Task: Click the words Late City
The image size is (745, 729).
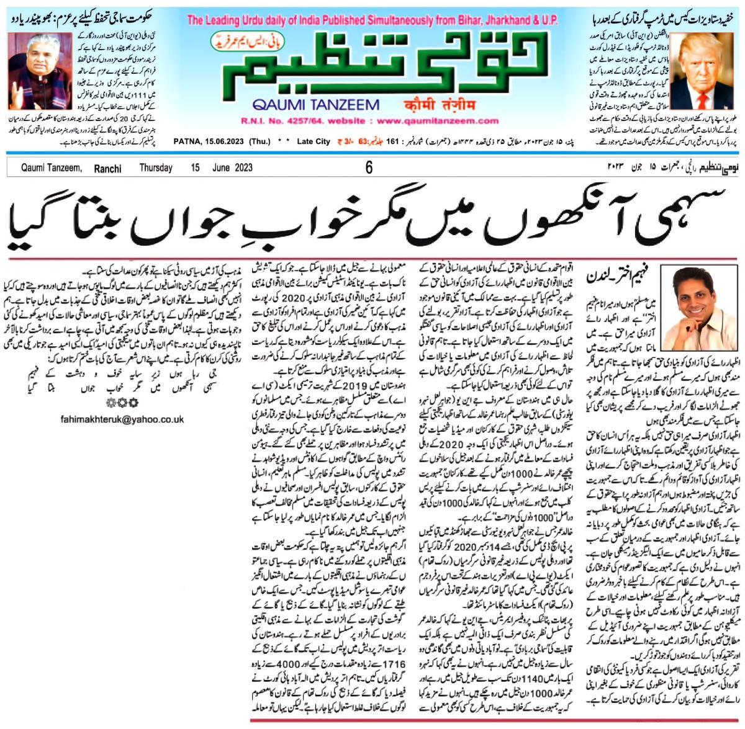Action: coord(314,142)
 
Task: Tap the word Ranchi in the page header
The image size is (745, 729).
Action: coord(107,168)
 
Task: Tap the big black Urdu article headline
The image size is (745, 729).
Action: coord(372,218)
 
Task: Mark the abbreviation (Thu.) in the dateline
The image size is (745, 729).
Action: coord(260,142)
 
